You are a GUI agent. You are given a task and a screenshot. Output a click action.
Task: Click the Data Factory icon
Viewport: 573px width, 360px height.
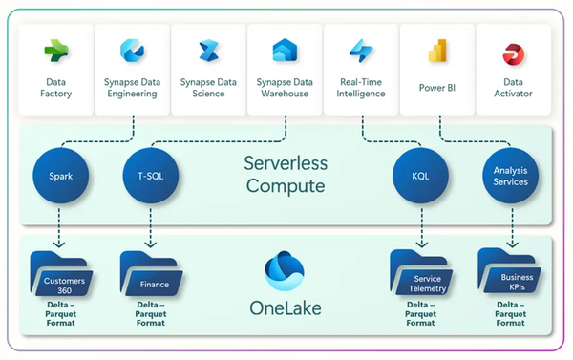click(55, 52)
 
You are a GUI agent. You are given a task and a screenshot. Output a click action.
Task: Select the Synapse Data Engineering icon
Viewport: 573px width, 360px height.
click(132, 52)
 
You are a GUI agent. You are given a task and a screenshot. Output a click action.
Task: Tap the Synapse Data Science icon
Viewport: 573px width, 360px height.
click(208, 52)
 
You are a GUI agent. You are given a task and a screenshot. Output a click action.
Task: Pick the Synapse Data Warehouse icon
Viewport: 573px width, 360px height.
click(285, 52)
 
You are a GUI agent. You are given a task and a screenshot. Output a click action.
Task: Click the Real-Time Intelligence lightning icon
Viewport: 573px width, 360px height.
click(361, 52)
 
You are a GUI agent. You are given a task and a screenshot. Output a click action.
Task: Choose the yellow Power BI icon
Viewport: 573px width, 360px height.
click(438, 52)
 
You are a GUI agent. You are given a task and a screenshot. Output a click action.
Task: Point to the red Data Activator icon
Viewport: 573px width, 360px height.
click(515, 52)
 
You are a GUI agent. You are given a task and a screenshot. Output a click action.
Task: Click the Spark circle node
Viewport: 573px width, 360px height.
click(60, 175)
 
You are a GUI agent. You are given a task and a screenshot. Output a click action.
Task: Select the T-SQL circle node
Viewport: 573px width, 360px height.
click(151, 175)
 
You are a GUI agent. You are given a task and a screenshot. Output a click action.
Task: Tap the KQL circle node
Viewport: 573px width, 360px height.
click(420, 175)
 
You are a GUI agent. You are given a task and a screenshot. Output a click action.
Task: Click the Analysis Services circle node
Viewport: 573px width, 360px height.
click(511, 175)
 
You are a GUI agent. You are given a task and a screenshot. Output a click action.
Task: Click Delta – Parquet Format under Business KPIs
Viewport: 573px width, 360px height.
click(511, 314)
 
